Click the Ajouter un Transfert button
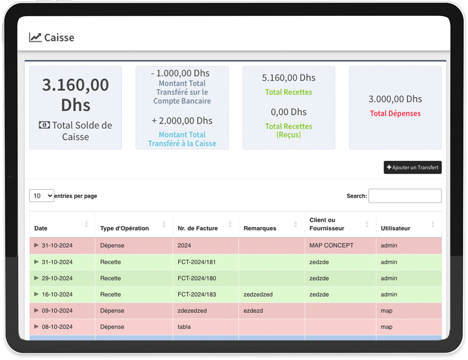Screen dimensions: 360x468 (x=412, y=167)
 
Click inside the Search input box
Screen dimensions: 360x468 (x=405, y=196)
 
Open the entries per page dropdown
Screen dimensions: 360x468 (x=42, y=196)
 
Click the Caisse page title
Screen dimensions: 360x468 (x=59, y=37)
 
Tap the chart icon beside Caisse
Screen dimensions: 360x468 (x=35, y=37)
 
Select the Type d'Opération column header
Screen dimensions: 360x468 (x=124, y=228)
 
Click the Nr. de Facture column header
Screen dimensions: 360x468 (x=197, y=228)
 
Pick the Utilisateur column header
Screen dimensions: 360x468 (x=395, y=228)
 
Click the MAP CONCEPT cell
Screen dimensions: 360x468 (x=331, y=245)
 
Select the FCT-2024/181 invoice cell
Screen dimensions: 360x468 (x=197, y=262)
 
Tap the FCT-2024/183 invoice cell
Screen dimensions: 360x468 (x=197, y=295)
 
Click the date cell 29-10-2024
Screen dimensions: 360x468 (x=57, y=278)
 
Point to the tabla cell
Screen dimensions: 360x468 (x=184, y=327)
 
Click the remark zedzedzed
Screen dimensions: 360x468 (x=258, y=295)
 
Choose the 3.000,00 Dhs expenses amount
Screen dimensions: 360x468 (x=395, y=99)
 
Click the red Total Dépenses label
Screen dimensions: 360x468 (x=395, y=114)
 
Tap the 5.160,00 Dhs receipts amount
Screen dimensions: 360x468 (x=288, y=78)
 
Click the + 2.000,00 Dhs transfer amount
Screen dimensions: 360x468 (x=182, y=121)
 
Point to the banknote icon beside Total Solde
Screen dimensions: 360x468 (x=44, y=125)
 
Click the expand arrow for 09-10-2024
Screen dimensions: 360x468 (x=37, y=310)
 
